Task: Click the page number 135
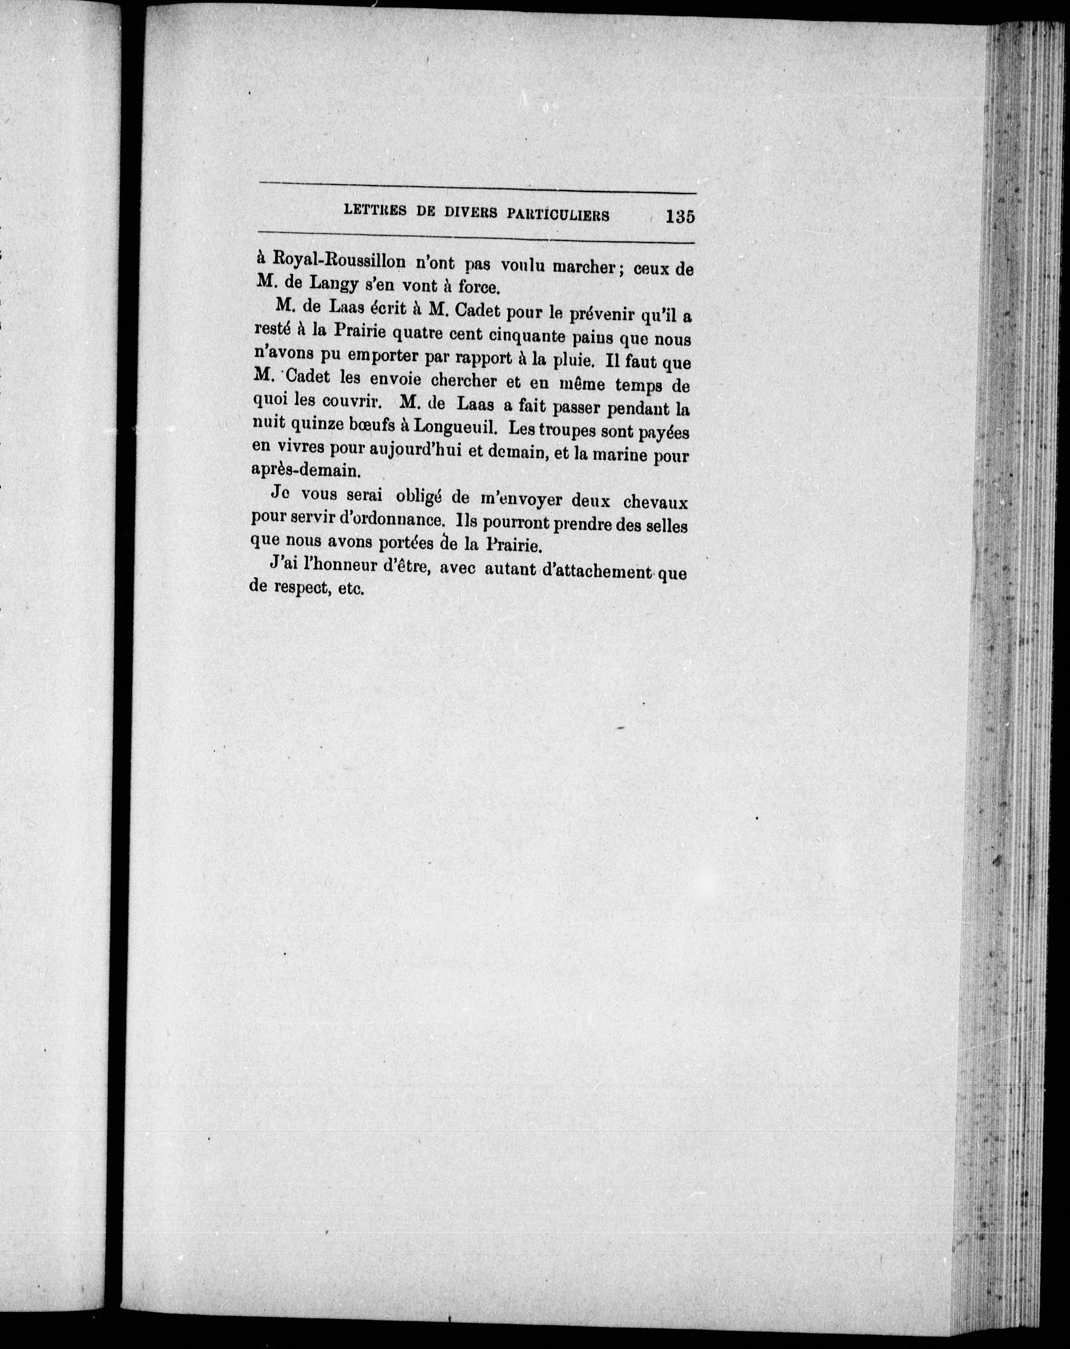tap(680, 216)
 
